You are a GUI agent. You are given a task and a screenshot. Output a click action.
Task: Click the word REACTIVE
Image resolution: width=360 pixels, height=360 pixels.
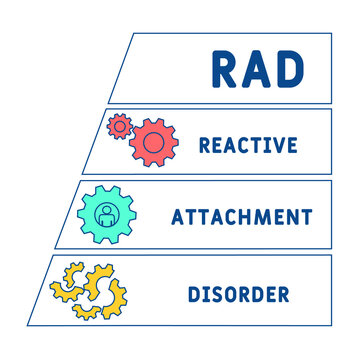click(248, 144)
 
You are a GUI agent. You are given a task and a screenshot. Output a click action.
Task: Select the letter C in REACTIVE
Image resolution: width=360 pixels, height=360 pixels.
click(247, 144)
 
